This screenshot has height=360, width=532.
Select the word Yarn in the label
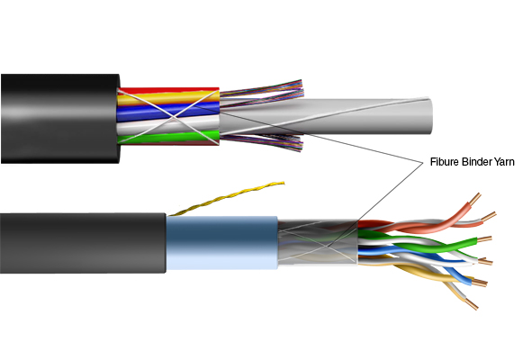pyautogui.click(x=503, y=162)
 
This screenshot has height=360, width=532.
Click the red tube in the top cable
pyautogui.click(x=169, y=91)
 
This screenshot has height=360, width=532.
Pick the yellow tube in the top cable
pyautogui.click(x=168, y=98)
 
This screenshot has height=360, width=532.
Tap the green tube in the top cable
pyautogui.click(x=168, y=137)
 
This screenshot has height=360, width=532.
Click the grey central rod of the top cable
pyautogui.click(x=326, y=116)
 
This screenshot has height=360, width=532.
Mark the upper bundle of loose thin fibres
pyautogui.click(x=261, y=94)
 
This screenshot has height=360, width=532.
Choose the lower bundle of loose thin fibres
pyautogui.click(x=261, y=141)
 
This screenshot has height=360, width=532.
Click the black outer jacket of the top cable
pyautogui.click(x=60, y=119)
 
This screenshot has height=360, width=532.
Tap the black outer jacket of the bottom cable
pyautogui.click(x=83, y=243)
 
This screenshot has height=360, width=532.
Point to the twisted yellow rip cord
pyautogui.click(x=227, y=198)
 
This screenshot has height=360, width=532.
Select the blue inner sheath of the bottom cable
pyautogui.click(x=222, y=243)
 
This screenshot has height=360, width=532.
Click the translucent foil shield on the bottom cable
pyautogui.click(x=318, y=242)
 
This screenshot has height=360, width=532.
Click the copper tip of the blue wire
pyautogui.click(x=480, y=282)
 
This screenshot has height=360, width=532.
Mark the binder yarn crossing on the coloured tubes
pyautogui.click(x=175, y=117)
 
